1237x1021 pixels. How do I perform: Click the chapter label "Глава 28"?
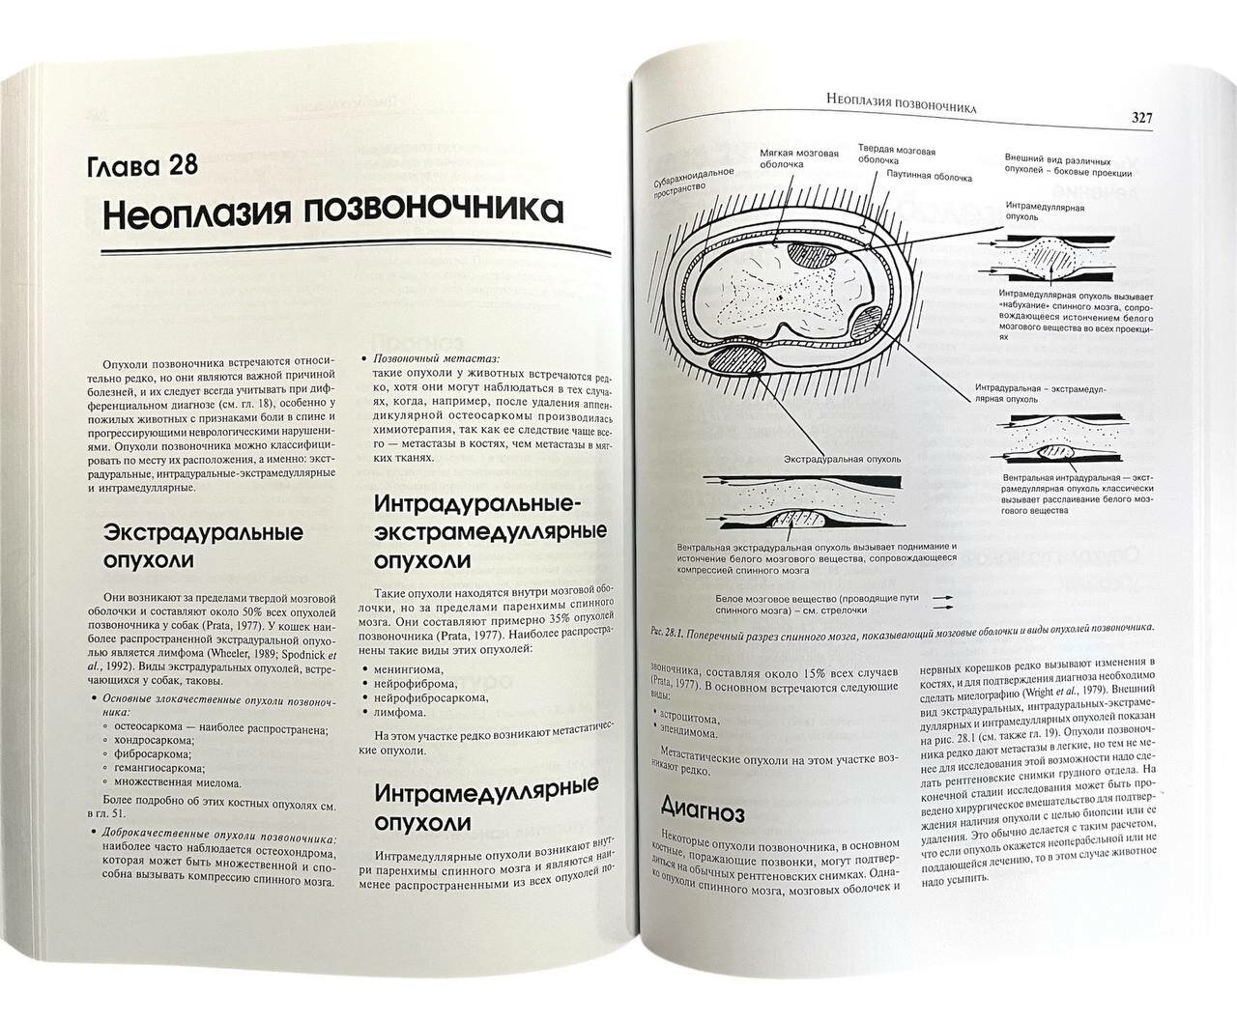point(143,166)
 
